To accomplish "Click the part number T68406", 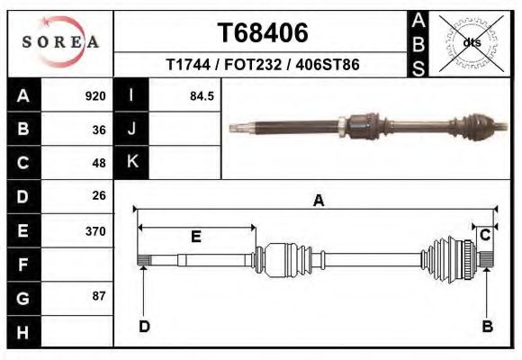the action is pos(263,33).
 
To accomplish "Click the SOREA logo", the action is pos(60,42).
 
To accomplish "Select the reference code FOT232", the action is pos(253,64).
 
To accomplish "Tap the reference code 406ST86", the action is pos(328,64).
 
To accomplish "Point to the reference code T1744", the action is pos(188,64).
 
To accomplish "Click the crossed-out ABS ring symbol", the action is pos(471,43).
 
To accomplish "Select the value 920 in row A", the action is pos(95,96).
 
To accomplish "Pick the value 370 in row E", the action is pos(95,231).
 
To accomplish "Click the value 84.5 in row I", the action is pos(202,96).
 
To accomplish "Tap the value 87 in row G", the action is pos(99,296).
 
